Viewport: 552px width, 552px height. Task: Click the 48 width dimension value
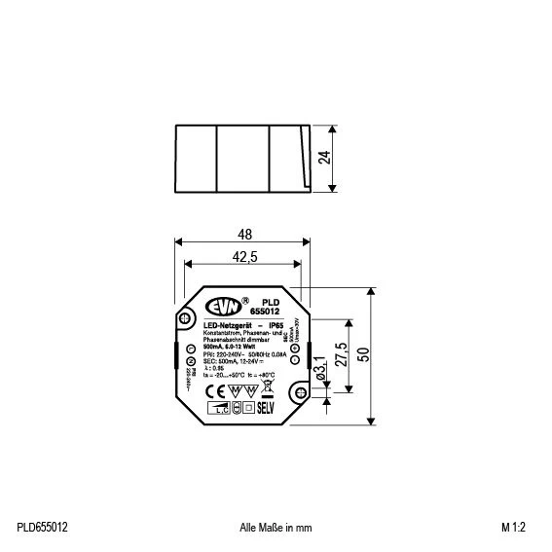pyautogui.click(x=243, y=235)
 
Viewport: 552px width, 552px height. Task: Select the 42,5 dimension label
pyautogui.click(x=243, y=257)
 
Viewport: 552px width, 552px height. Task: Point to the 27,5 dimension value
pyautogui.click(x=341, y=353)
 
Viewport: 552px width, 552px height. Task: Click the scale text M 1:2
pyautogui.click(x=516, y=527)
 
